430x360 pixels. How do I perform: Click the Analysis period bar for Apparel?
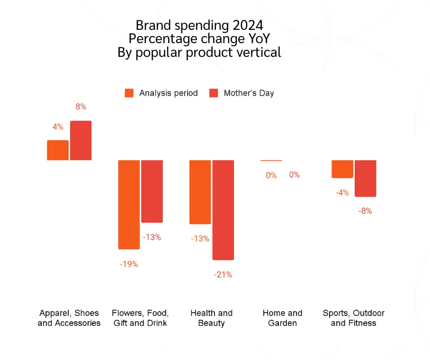coord(58,150)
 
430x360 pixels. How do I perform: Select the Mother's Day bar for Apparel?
coord(81,141)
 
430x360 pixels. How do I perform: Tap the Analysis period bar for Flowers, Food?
coord(129,205)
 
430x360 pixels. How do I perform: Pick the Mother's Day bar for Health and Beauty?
coord(223,210)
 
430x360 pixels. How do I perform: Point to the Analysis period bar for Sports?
coord(342,169)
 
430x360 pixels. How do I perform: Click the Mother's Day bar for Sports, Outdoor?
coord(366,179)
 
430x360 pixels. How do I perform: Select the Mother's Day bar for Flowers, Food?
coord(152,191)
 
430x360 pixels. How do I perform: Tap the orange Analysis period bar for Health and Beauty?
coord(200,192)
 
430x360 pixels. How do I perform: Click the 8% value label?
coord(81,107)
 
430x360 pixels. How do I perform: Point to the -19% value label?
coord(129,264)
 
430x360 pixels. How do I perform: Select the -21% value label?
coord(223,275)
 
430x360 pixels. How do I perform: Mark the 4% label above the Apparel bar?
coord(58,127)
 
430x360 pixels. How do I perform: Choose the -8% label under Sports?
coord(365,211)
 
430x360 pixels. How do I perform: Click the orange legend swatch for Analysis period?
coord(129,93)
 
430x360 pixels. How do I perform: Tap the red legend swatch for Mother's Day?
coord(214,93)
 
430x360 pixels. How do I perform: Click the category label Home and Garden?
coord(282,318)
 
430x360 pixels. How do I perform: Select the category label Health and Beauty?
coord(212,318)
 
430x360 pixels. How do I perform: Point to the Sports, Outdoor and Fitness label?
coord(354,318)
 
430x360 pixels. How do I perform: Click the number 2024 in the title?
coord(245,25)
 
